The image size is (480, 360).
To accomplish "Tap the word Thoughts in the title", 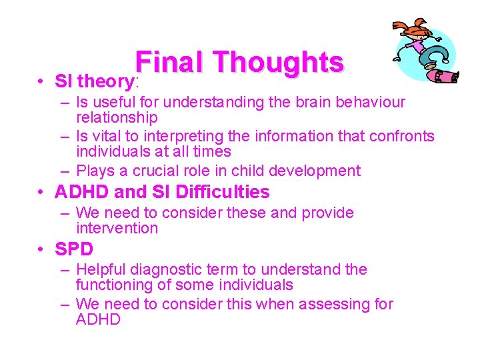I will pyautogui.click(x=279, y=63).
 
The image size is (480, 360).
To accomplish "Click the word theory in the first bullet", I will pyautogui.click(x=106, y=82).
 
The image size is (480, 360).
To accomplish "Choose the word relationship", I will pyautogui.click(x=117, y=118).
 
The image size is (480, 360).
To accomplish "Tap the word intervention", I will pyautogui.click(x=117, y=229).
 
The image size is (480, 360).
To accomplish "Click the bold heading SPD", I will pyautogui.click(x=74, y=249).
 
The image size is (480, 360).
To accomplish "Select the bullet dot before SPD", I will pyautogui.click(x=42, y=250).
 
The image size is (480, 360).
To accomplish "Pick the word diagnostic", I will pyautogui.click(x=165, y=269).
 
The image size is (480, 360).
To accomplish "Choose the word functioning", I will pyautogui.click(x=116, y=285).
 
